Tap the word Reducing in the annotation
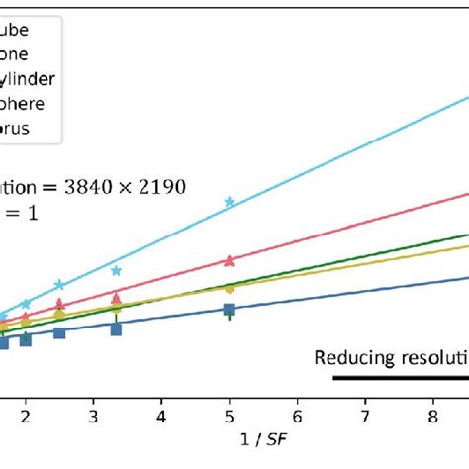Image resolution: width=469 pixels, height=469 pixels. (x=349, y=357)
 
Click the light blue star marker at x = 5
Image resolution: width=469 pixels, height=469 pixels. (x=230, y=202)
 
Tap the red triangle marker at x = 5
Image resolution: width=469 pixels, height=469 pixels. (x=230, y=261)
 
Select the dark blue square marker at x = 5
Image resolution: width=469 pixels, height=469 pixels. (x=230, y=311)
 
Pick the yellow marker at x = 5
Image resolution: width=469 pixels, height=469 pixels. (x=230, y=288)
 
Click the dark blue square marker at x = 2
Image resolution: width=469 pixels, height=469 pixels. (x=26, y=339)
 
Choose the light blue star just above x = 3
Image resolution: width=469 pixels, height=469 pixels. (x=117, y=270)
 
